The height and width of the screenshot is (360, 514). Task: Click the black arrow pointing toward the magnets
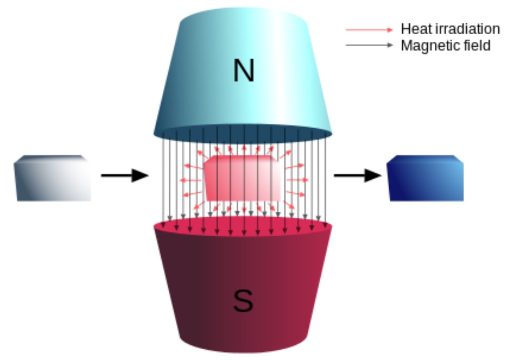click(x=124, y=175)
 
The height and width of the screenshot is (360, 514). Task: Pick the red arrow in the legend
click(x=369, y=30)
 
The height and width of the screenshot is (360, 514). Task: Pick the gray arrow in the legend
click(x=369, y=45)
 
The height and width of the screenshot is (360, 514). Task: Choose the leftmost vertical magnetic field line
click(x=163, y=178)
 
